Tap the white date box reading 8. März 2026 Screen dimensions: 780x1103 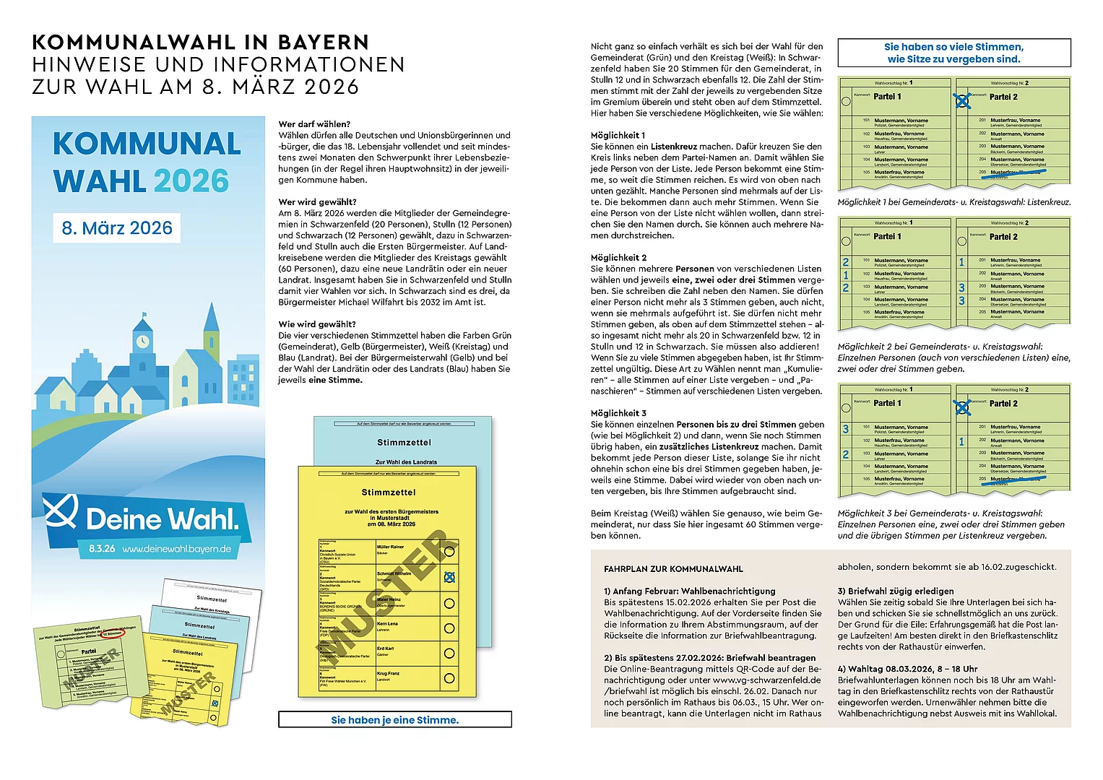click(117, 227)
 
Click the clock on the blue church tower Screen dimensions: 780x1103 click(142, 340)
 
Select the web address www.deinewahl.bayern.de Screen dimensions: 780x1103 click(177, 549)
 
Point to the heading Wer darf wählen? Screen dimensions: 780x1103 click(314, 124)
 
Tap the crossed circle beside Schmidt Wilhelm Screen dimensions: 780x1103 click(449, 577)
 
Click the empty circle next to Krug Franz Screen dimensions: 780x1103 click(449, 678)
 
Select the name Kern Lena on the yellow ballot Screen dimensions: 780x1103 click(387, 623)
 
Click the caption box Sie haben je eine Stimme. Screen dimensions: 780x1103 click(394, 719)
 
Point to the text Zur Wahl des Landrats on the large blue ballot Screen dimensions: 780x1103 click(406, 461)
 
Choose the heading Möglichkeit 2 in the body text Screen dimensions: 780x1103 click(618, 258)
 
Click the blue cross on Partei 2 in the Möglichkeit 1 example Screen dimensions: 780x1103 click(962, 101)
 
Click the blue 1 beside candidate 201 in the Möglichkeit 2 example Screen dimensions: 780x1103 click(961, 262)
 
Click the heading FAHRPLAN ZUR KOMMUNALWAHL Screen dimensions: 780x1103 click(673, 569)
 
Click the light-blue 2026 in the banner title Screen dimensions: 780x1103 click(191, 181)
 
